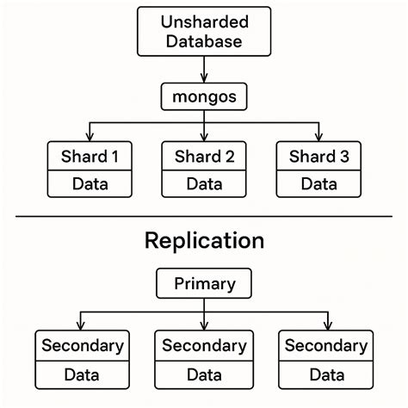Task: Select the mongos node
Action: [x=203, y=95]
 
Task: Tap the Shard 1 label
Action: [x=90, y=156]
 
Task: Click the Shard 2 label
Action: [x=204, y=156]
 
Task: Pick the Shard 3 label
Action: [x=318, y=156]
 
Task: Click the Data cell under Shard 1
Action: [x=90, y=183]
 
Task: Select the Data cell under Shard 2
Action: [x=204, y=183]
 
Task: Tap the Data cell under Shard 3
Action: [x=318, y=183]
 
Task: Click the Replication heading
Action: [x=203, y=240]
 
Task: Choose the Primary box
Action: [x=203, y=283]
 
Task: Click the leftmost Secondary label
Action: [x=83, y=346]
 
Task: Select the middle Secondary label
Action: [x=204, y=346]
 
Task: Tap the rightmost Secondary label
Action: [x=326, y=346]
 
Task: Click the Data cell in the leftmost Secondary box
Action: [x=83, y=374]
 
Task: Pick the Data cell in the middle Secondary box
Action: [x=204, y=374]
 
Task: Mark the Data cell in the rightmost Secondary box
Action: [x=326, y=374]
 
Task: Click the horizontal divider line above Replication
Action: [x=203, y=216]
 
